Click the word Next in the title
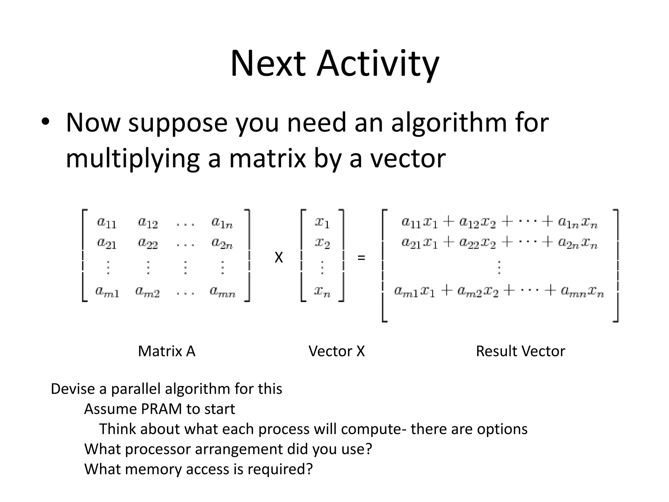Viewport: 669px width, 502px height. click(x=268, y=64)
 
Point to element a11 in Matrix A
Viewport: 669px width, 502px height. click(x=106, y=223)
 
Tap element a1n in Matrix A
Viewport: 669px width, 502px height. click(x=222, y=223)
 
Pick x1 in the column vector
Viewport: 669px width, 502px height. click(x=322, y=223)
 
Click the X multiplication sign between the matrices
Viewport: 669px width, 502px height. click(x=279, y=258)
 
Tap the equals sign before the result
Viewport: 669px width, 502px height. click(x=361, y=258)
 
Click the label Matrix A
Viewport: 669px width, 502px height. click(x=167, y=351)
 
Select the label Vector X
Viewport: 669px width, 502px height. click(x=336, y=351)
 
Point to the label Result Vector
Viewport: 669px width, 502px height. click(x=520, y=351)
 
